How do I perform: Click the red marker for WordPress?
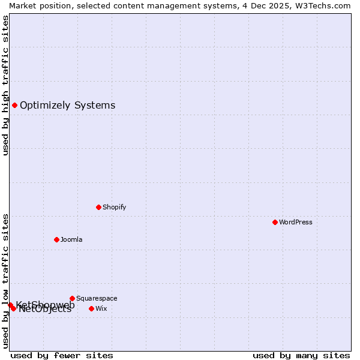(275, 222)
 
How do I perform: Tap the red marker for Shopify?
(98, 207)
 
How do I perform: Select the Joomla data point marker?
(56, 239)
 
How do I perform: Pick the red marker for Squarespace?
(72, 298)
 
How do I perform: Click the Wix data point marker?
(91, 308)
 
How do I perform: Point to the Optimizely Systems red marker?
(14, 106)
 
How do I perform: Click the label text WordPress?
(296, 222)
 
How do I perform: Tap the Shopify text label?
(115, 207)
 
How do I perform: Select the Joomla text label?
(71, 239)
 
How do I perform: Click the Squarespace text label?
(97, 298)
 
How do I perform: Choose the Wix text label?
(101, 308)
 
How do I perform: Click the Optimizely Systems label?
(67, 106)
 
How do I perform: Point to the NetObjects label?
(46, 310)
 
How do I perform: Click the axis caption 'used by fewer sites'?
(62, 355)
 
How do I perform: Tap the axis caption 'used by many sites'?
(301, 355)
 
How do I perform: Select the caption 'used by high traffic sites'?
(5, 85)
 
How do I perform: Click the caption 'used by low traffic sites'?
(5, 281)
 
